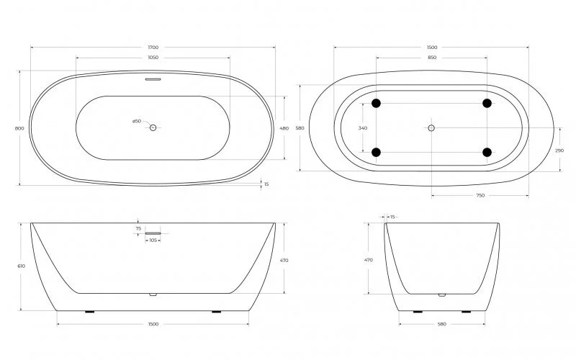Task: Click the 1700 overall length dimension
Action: pyautogui.click(x=153, y=48)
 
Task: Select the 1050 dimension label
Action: pyautogui.click(x=153, y=58)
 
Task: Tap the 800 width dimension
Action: pyautogui.click(x=19, y=128)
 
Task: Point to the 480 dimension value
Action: pyautogui.click(x=284, y=128)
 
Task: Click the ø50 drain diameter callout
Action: pyautogui.click(x=136, y=121)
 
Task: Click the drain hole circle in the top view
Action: pyautogui.click(x=153, y=127)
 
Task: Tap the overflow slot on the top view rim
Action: pyautogui.click(x=153, y=80)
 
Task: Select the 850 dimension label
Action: pyautogui.click(x=431, y=58)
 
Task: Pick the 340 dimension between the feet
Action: pyautogui.click(x=362, y=128)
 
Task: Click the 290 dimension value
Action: pyautogui.click(x=559, y=150)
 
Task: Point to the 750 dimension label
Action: pyautogui.click(x=480, y=196)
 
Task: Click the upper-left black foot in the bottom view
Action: pyautogui.click(x=376, y=104)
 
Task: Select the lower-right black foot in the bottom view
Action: pyautogui.click(x=487, y=152)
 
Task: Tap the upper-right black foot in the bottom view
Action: pyautogui.click(x=487, y=104)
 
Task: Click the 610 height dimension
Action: pyautogui.click(x=21, y=266)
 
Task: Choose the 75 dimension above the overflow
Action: pyautogui.click(x=138, y=228)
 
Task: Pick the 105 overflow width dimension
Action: pyautogui.click(x=153, y=240)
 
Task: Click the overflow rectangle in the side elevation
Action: pyautogui.click(x=153, y=233)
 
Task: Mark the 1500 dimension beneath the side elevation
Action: pyautogui.click(x=153, y=324)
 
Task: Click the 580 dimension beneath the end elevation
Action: pyautogui.click(x=441, y=324)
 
